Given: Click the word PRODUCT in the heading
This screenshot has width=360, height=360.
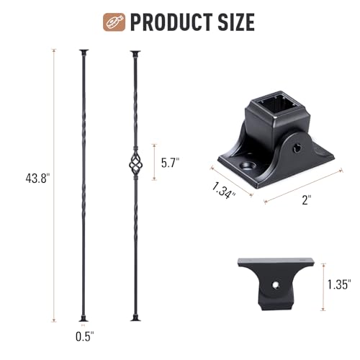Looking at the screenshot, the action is point(171,22).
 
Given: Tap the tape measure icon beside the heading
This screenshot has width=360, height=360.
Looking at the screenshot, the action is point(114,22).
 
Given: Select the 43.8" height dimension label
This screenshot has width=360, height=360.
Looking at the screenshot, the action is point(37,179).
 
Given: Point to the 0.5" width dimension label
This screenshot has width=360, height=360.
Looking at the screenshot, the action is point(85,336).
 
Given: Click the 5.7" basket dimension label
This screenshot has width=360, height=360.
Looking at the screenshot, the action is point(170,163).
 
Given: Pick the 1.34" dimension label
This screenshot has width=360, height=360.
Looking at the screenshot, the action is point(223,190).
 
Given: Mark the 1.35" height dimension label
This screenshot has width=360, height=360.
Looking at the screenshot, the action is point(339,284).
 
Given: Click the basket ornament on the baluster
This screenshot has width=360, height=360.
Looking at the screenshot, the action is point(135,164).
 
